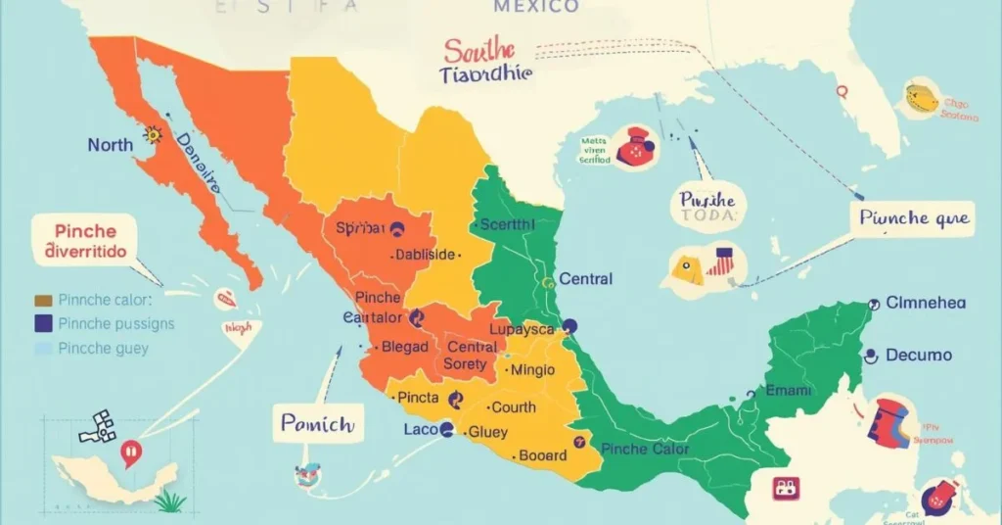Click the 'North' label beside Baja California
(x=110, y=145)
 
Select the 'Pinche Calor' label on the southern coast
(x=645, y=449)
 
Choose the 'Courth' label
(x=513, y=406)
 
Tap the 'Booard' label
(x=541, y=454)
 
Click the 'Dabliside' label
(x=425, y=255)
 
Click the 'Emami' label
(x=788, y=390)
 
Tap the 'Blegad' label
(x=404, y=347)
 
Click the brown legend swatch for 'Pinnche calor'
(x=42, y=300)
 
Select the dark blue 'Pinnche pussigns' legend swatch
(x=42, y=323)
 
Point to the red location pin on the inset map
(x=129, y=452)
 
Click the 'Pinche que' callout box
(x=914, y=218)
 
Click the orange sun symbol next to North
(x=152, y=135)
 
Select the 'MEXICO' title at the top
(x=535, y=8)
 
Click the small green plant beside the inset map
(x=170, y=502)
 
